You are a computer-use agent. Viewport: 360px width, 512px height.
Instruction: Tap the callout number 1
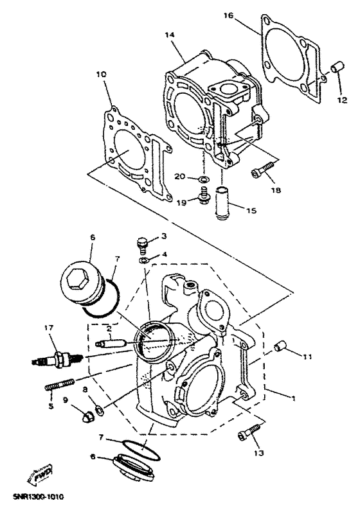294,399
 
